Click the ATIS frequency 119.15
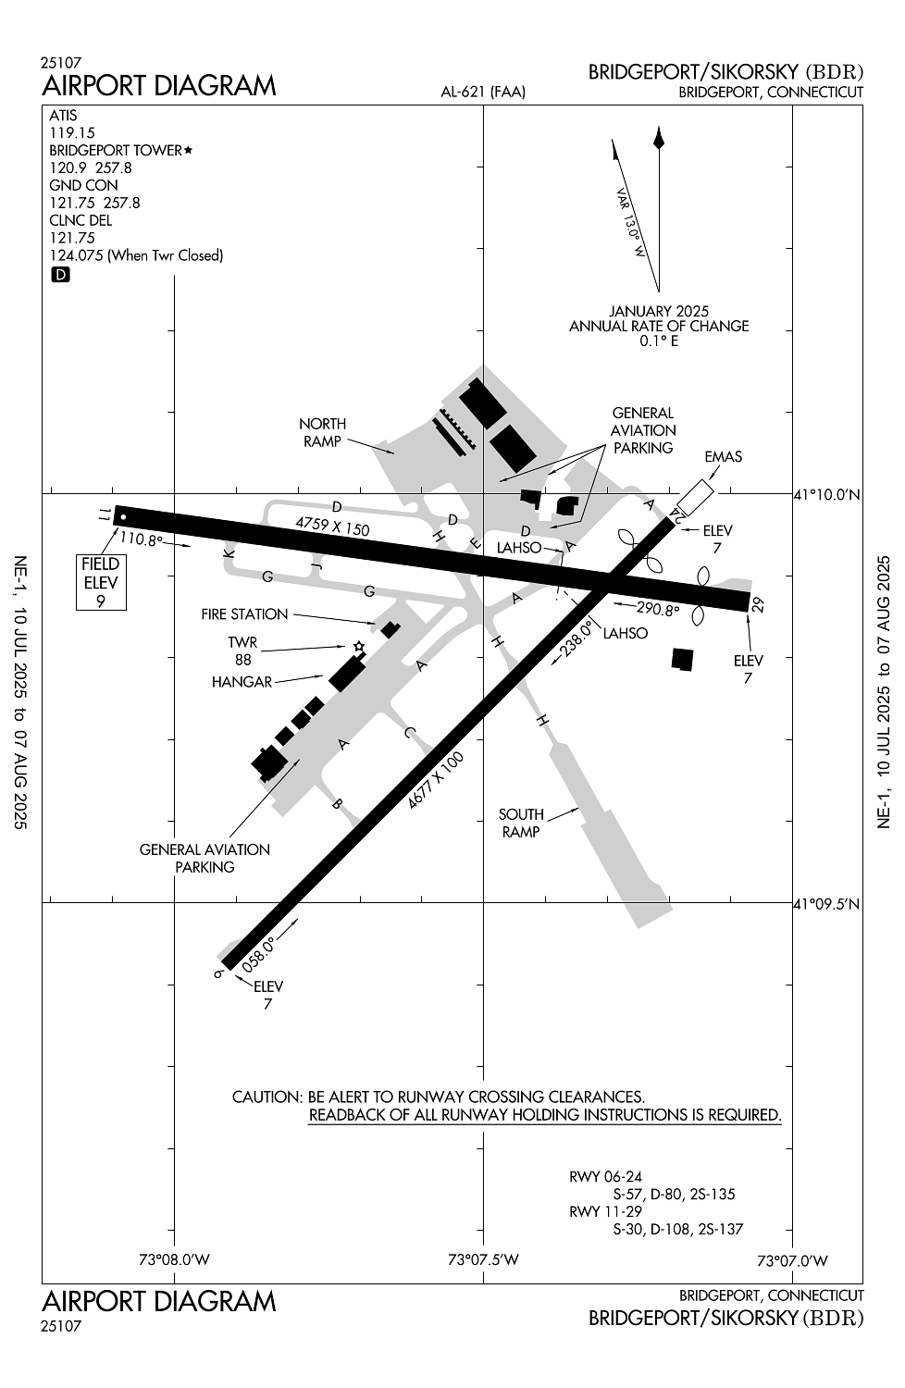(x=72, y=132)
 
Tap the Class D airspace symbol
(x=60, y=275)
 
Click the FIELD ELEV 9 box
(x=101, y=582)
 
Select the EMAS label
(x=723, y=457)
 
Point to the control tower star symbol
(x=358, y=647)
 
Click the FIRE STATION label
(x=244, y=614)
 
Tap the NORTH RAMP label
(x=322, y=432)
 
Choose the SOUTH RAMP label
(x=521, y=823)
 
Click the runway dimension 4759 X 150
(x=332, y=526)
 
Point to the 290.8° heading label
(x=658, y=610)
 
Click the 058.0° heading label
(x=258, y=954)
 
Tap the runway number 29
(x=758, y=604)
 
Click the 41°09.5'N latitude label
(x=827, y=904)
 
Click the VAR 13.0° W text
(x=631, y=223)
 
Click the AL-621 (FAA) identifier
(x=483, y=93)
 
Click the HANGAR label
(x=242, y=682)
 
